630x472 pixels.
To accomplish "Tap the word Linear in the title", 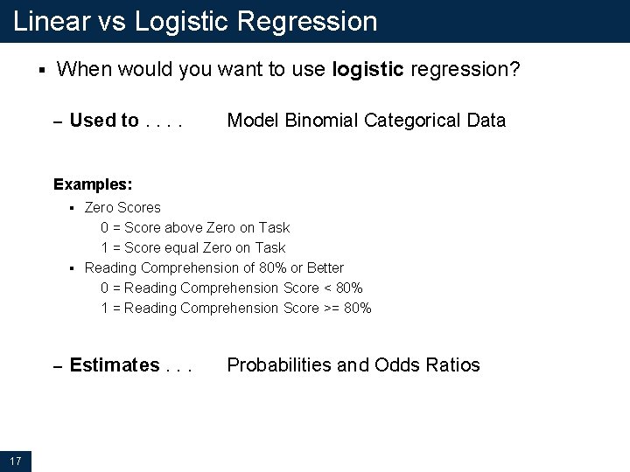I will click(x=52, y=21).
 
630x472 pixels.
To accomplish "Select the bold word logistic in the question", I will click(x=367, y=70).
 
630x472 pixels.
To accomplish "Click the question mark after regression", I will click(x=515, y=70).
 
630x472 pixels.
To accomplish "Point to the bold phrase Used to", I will click(x=103, y=121).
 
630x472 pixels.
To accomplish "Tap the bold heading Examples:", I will click(x=93, y=184).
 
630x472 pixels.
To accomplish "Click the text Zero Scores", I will click(x=122, y=207).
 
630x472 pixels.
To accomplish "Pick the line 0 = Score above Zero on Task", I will click(x=195, y=227).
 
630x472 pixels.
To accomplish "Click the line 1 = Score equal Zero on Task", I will click(x=192, y=247).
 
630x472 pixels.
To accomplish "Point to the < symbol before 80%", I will click(x=326, y=288).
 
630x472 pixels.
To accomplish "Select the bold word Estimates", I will click(x=114, y=365).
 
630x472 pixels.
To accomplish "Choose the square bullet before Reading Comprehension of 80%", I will click(x=74, y=267).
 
